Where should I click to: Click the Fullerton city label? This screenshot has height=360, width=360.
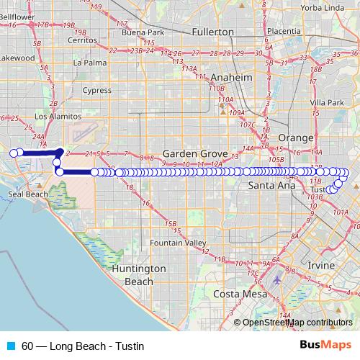pos(214,32)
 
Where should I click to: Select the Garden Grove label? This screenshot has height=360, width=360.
pos(195,154)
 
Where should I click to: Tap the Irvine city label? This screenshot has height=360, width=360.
pos(321,266)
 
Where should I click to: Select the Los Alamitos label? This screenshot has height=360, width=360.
pos(55,116)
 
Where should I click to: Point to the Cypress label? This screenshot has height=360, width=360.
pos(96,91)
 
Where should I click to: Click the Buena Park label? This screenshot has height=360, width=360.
pos(143,32)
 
